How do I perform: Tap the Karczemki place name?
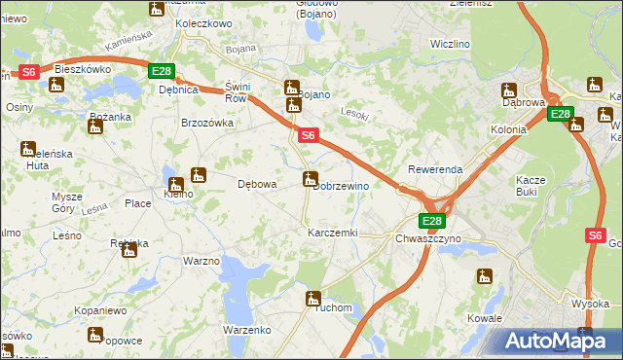(x=333, y=234)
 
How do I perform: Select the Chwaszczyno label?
(x=428, y=237)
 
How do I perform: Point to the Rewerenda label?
(x=435, y=169)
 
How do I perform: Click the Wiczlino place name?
(x=450, y=45)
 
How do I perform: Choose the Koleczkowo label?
(x=203, y=23)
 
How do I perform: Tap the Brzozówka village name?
(x=207, y=124)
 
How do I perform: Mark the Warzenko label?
(x=247, y=330)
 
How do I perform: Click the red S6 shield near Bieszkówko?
(x=29, y=71)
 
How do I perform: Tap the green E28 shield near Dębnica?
(x=162, y=71)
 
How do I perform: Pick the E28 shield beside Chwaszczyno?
(x=432, y=221)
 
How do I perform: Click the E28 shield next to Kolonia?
(x=560, y=114)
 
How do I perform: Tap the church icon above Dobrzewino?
(x=311, y=179)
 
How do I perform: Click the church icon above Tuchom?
(x=313, y=299)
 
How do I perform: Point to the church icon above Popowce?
(x=94, y=335)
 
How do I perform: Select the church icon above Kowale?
(x=485, y=276)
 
